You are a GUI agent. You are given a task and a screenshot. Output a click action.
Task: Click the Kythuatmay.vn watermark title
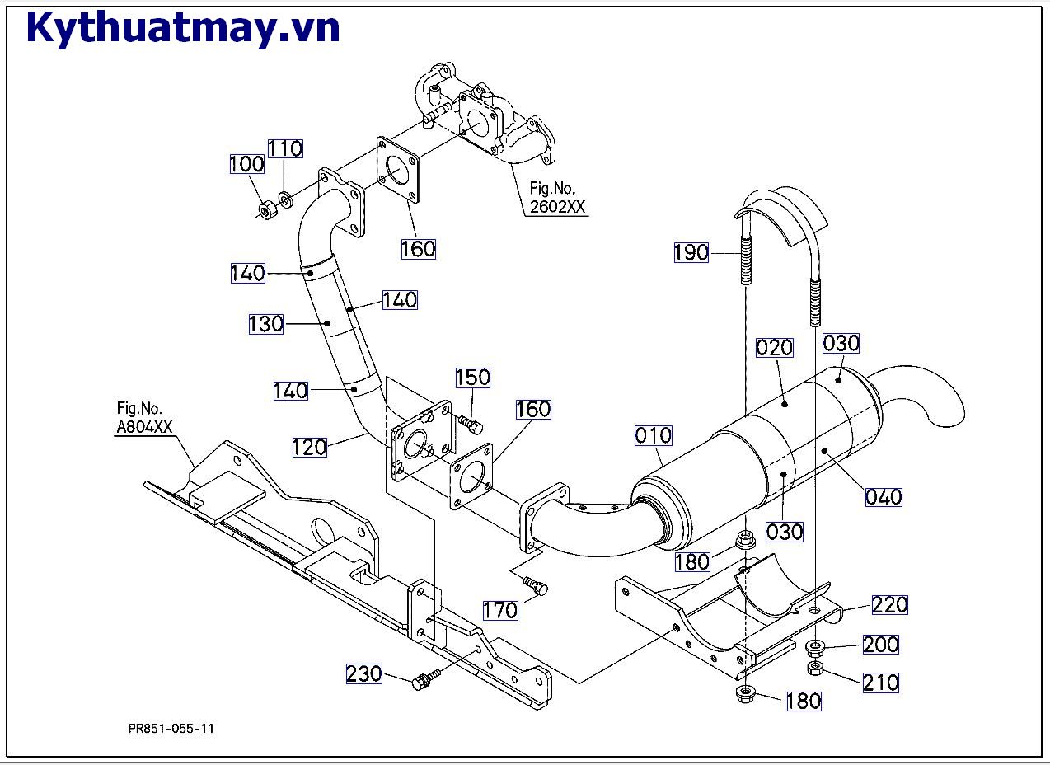coord(183,29)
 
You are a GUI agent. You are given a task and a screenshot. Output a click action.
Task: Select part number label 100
coord(247,164)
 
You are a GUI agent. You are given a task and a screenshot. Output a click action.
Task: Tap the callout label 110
coord(285,148)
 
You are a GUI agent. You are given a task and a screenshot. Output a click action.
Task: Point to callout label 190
coord(691,252)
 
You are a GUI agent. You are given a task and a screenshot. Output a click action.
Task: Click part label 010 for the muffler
coord(654,435)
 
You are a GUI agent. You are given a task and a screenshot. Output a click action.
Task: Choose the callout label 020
coord(775,348)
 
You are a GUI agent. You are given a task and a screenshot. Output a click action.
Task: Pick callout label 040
coord(884,497)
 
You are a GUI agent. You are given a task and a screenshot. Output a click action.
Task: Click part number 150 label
coord(473,378)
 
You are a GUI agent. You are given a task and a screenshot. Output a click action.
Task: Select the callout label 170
coord(500,610)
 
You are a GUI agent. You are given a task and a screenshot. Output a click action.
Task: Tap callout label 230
coord(364,674)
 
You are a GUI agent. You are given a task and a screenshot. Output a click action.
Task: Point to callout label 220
coord(889,605)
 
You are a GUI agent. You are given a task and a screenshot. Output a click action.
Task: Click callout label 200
coord(881,645)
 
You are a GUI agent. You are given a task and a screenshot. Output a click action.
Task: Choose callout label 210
coord(881,683)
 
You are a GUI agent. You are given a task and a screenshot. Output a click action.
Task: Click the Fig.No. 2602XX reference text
coord(557,197)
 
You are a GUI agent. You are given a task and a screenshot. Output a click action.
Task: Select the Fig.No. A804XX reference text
coord(144,418)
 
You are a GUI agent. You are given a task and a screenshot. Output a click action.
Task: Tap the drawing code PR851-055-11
coord(171,729)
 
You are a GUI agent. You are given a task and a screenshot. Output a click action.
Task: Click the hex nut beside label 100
coord(269,211)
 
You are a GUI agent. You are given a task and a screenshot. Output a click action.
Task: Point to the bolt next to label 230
coord(425,678)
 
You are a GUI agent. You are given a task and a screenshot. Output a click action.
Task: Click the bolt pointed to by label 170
coord(536,584)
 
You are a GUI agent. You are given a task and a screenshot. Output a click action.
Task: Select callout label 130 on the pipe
coord(265,324)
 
